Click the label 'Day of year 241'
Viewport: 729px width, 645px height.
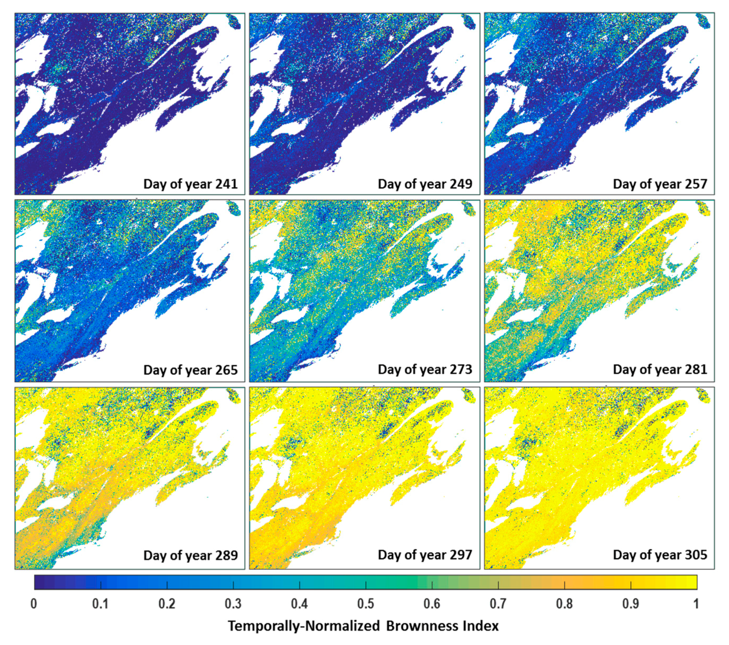click(190, 184)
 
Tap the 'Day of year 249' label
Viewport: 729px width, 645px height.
click(425, 184)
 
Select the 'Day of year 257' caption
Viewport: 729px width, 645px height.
click(660, 184)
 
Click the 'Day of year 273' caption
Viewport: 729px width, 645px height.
click(425, 369)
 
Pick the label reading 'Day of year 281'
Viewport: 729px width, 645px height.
click(660, 369)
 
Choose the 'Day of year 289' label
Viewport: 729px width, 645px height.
click(190, 555)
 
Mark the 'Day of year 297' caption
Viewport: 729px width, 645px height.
click(425, 555)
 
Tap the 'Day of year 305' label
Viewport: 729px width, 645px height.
click(660, 555)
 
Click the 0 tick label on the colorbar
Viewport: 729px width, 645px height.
click(34, 604)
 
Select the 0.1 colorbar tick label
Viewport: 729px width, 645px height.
click(100, 604)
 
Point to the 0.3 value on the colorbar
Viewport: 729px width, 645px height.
click(233, 604)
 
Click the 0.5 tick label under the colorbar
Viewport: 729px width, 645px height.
click(366, 604)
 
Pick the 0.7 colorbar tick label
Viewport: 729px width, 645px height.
click(498, 604)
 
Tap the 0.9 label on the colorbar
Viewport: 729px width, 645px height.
click(631, 604)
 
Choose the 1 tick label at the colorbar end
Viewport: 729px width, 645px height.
click(696, 604)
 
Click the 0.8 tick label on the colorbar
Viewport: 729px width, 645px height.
click(564, 604)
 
